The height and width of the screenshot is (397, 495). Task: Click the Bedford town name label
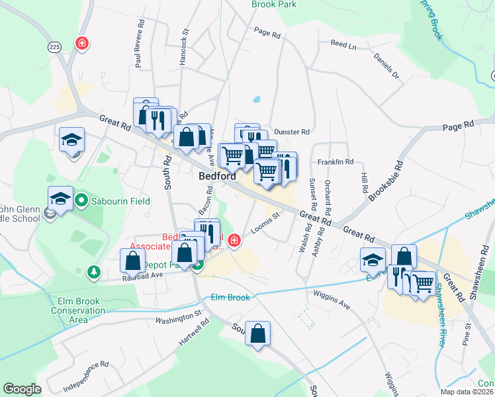[218, 177]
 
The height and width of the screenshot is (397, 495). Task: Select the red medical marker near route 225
[82, 44]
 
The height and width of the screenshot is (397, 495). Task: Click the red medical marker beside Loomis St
[233, 240]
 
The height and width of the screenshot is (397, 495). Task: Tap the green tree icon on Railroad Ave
[94, 271]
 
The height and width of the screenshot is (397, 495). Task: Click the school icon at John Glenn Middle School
[60, 198]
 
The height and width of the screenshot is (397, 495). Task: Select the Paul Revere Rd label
[140, 48]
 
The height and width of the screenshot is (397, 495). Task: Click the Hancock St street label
[185, 46]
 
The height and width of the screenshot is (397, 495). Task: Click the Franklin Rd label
[336, 161]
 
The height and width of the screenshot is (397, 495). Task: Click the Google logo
[22, 389]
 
